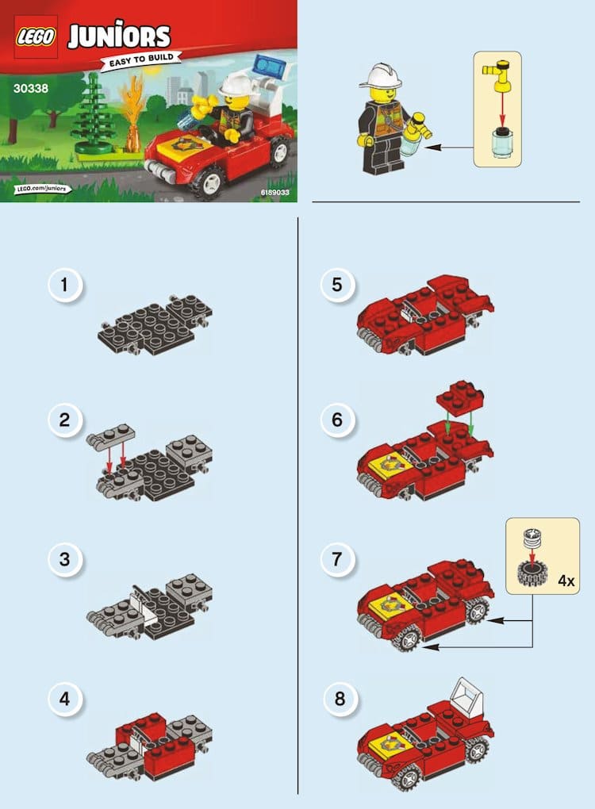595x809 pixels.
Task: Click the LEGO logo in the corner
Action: point(36,36)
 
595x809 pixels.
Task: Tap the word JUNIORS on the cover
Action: point(119,35)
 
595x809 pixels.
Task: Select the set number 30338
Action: point(31,88)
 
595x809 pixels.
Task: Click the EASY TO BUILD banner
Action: point(141,60)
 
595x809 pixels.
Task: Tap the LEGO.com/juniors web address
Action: point(42,188)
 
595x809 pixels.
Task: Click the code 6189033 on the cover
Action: point(275,193)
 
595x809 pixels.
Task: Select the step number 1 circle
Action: point(65,285)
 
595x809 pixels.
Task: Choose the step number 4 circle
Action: point(65,699)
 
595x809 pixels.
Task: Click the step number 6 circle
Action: point(337,420)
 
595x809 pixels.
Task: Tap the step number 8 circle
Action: point(340,699)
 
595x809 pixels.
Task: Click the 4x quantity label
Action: point(566,581)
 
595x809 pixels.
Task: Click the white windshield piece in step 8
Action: point(467,695)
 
